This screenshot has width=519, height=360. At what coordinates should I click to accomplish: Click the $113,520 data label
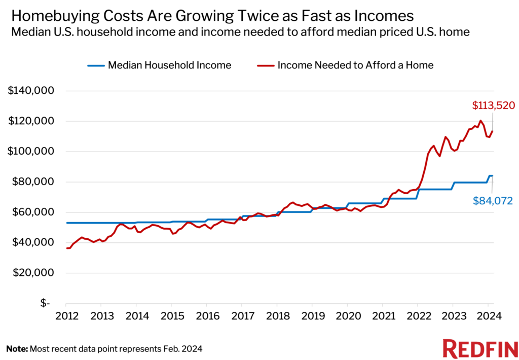[493, 106]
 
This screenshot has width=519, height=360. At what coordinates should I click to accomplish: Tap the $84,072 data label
[493, 201]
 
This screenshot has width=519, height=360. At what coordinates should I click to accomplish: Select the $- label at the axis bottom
[46, 303]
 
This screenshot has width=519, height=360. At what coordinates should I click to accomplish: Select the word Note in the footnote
[17, 349]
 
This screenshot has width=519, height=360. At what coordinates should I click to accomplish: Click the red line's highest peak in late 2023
[480, 121]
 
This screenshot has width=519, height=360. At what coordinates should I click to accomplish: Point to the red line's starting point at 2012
[67, 248]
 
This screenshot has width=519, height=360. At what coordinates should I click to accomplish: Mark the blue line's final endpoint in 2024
[492, 175]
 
